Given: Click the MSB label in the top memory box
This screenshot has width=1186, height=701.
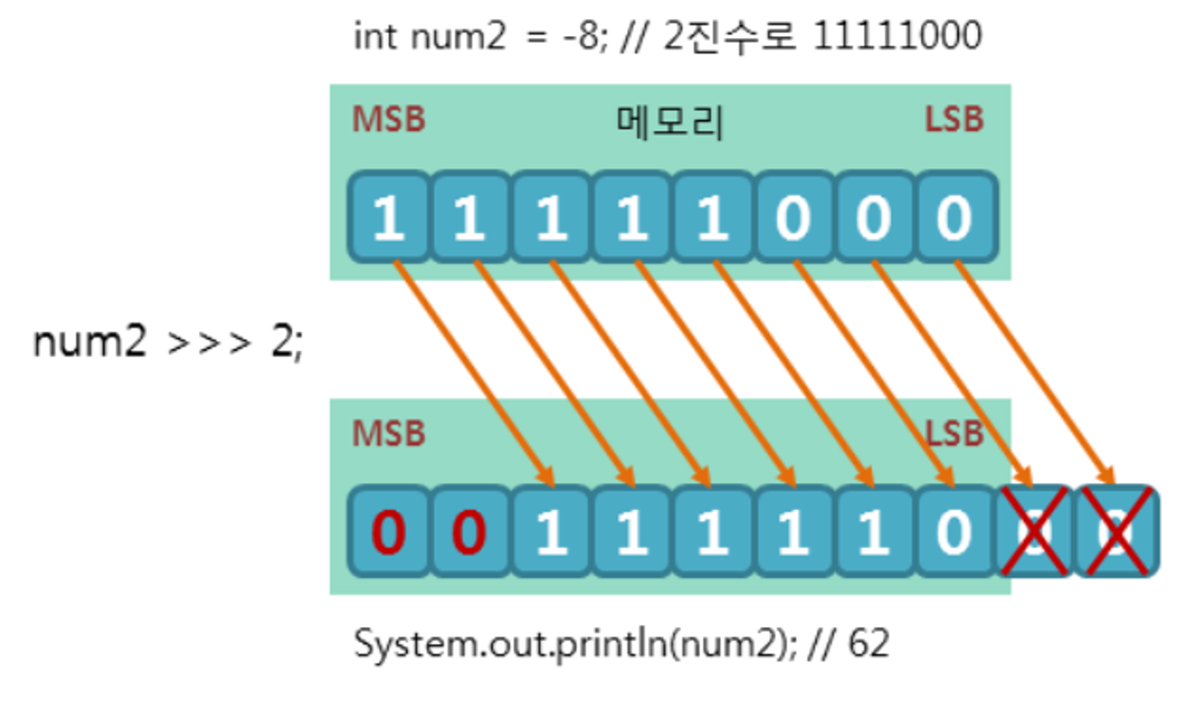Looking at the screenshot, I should point(389,120).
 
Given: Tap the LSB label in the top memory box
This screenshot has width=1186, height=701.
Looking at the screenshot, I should point(954,120).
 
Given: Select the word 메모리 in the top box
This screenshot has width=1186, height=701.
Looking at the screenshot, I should point(670,123).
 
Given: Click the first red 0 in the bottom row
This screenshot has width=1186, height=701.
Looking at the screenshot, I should point(387,532).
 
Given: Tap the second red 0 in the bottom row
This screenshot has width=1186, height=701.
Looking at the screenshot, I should point(469,532).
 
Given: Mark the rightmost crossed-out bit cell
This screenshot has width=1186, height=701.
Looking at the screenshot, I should point(1116,532).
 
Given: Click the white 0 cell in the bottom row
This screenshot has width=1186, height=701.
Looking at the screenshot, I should point(954,532).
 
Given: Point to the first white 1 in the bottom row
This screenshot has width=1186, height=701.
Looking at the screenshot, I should point(550,532).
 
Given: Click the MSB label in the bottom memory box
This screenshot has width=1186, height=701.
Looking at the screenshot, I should point(389,434).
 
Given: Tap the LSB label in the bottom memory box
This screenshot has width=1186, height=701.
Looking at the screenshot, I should point(954,434).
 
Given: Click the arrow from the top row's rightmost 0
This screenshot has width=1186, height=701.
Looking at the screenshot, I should point(1034,370).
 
